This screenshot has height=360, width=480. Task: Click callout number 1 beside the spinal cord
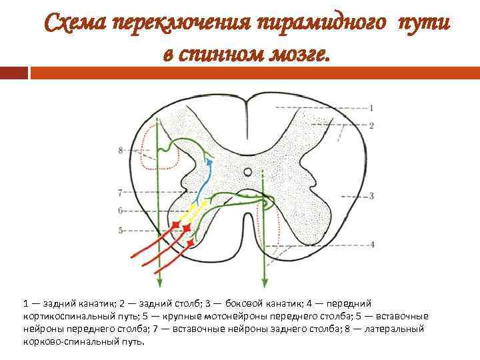(x=371, y=107)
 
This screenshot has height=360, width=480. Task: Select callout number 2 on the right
(x=371, y=125)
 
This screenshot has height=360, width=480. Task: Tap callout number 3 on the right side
(x=371, y=196)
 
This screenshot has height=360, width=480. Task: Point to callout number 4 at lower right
(x=371, y=245)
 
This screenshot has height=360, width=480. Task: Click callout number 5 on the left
(x=121, y=230)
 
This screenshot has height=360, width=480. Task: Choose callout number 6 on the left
(x=121, y=211)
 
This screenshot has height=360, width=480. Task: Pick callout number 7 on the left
(x=121, y=193)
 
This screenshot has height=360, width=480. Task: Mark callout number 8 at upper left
(x=121, y=151)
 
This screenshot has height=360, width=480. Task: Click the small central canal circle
(x=248, y=172)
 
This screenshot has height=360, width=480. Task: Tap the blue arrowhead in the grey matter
(x=210, y=161)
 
